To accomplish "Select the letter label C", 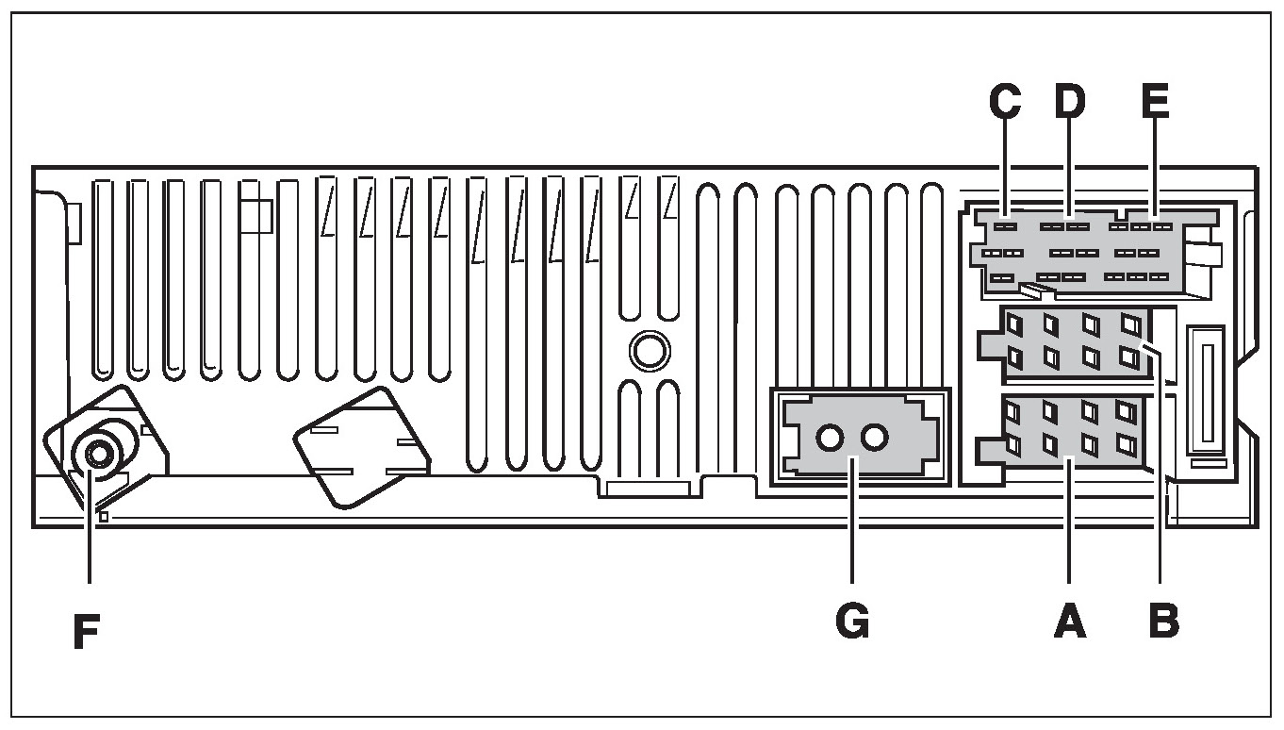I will (1005, 103).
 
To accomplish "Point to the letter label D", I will (1069, 103).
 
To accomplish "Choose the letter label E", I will (1154, 103).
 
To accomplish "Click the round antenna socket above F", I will (97, 455).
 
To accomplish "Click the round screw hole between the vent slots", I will (648, 352).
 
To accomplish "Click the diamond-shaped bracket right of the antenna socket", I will (361, 448).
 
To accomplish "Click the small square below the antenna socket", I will (104, 516).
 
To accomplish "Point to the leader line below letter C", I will (1005, 170).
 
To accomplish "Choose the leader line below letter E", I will (1154, 170).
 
